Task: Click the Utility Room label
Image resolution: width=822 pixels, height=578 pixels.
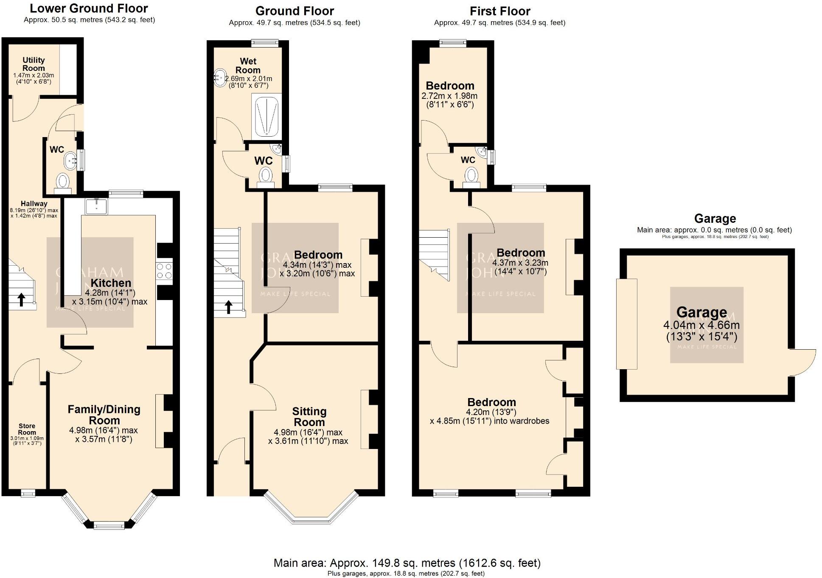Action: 34,64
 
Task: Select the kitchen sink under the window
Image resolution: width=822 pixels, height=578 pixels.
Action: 96,206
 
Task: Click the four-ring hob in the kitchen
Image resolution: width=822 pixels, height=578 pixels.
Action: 164,271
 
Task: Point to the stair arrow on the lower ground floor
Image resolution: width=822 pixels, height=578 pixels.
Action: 21,299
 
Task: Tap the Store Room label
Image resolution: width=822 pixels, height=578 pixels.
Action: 27,429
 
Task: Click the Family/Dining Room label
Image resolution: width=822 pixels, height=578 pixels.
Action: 104,415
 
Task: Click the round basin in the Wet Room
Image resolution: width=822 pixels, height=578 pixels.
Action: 220,78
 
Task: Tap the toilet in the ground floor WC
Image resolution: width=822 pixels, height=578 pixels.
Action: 266,175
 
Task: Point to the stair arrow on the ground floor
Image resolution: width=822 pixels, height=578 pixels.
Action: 228,306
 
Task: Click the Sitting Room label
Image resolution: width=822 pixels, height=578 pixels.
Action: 309,417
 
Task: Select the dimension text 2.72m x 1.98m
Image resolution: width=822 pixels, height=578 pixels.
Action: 449,96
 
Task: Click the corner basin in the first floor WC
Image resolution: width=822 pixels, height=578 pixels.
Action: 482,151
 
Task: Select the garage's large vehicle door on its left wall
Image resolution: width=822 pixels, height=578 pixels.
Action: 626,323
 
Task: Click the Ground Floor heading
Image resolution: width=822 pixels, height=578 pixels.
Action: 295,11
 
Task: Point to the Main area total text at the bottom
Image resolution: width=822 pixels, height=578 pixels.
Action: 407,563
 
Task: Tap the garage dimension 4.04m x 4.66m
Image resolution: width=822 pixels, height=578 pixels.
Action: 701,325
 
